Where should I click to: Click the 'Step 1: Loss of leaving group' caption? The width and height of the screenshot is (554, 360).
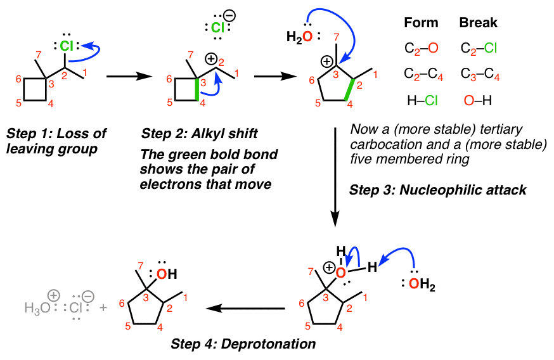pos(56,142)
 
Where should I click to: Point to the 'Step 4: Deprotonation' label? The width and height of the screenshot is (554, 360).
pos(242,344)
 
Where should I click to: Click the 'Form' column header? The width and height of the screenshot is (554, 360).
pos(422,23)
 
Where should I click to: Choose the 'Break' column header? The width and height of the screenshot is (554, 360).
pos(479,23)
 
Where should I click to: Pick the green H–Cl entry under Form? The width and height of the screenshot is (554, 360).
pos(422,100)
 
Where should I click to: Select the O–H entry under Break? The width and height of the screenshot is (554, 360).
pos(479,100)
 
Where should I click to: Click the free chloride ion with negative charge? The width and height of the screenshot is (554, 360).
pos(219,27)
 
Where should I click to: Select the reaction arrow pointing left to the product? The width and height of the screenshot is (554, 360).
pos(247,309)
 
